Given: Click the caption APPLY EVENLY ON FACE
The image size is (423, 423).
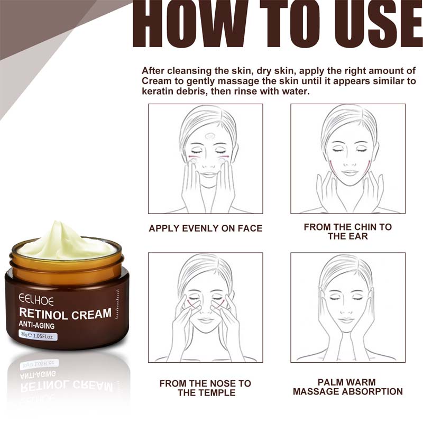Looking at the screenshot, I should point(205,228).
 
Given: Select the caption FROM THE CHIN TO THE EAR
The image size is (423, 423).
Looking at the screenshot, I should point(347,231).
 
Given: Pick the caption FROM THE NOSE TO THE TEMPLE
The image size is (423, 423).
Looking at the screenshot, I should point(205,388).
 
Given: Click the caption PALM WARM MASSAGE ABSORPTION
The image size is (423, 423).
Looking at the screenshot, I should point(347,387).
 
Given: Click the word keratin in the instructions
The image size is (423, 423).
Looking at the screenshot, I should point(157,91).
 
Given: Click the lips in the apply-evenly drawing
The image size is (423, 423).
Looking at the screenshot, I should point(208,173).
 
